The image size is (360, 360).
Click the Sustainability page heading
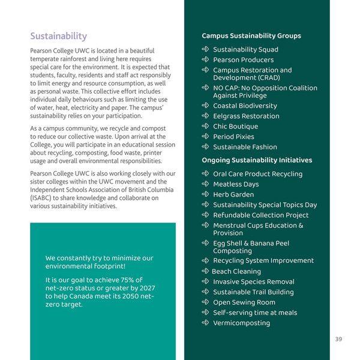(58, 36)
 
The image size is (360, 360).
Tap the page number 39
(338, 339)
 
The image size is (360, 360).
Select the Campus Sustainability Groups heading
(251, 36)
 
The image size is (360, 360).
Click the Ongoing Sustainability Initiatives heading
(256, 160)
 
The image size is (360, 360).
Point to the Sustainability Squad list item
(245, 50)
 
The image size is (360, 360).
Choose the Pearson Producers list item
(243, 60)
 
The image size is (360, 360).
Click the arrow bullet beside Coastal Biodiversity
(205, 106)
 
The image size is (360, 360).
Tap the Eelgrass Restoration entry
(246, 116)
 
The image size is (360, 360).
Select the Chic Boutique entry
(235, 127)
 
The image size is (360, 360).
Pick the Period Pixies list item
(233, 137)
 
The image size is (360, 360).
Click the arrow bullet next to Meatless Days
(205, 184)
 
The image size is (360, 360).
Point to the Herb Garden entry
(233, 194)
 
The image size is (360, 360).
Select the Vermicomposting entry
(241, 323)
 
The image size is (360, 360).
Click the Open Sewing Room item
(244, 302)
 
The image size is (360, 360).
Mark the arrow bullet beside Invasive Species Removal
(205, 281)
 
